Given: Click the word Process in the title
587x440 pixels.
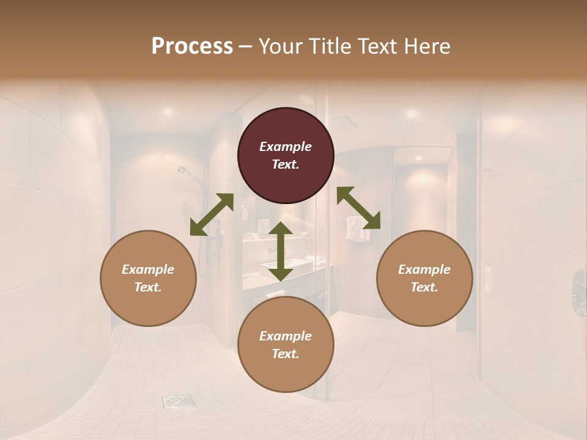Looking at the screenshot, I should point(192,46).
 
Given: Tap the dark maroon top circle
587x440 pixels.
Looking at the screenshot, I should point(286,155).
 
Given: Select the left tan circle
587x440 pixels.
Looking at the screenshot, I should point(148,278).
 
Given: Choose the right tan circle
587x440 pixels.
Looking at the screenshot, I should point(424,278).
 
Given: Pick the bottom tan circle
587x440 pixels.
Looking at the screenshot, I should point(286,344).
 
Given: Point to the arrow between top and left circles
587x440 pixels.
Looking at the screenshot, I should point(212,215).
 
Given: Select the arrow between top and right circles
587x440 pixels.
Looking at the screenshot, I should point(358,208).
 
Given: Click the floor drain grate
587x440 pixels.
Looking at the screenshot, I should point(179,402).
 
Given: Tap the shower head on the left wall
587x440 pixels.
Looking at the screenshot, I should point(183,170).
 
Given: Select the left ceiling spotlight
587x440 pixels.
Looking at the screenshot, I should point(167,111).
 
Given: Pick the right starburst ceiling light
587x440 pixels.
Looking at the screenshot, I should point(412,112).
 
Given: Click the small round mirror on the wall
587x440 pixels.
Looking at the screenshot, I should point(245,214).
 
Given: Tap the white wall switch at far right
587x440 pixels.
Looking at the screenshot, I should point(488,279).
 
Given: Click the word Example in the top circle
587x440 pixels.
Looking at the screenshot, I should point(286,147).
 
